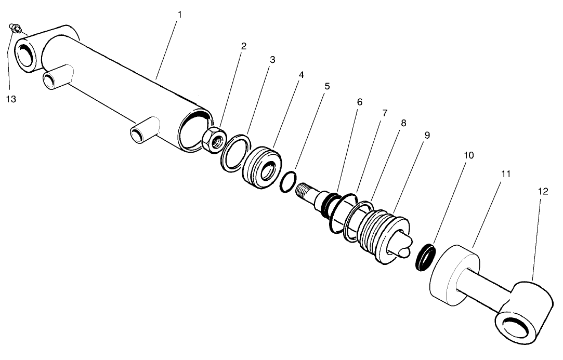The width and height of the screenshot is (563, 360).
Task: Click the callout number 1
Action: click(x=179, y=14)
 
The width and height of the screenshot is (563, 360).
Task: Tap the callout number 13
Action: click(x=11, y=99)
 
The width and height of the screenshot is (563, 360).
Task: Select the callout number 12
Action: click(x=543, y=191)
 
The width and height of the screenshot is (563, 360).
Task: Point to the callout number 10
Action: click(x=469, y=155)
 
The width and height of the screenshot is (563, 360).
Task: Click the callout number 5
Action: click(x=326, y=86)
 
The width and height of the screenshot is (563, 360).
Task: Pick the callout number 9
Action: click(x=427, y=135)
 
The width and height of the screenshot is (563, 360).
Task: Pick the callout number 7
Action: click(x=385, y=113)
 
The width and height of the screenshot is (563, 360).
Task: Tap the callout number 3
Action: click(x=272, y=60)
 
